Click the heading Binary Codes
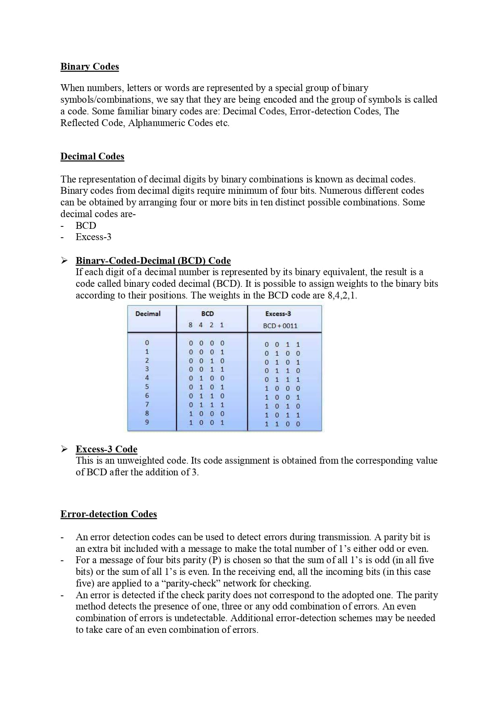pos(89,66)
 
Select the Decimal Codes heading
pos(92,156)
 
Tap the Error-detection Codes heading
pos(108,514)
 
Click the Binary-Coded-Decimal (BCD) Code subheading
pos(153,261)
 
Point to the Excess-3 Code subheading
pos(106,449)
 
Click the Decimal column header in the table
pos(148,314)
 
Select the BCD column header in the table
pos(207,314)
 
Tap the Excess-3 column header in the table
pos(278,314)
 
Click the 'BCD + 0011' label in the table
pos(280,326)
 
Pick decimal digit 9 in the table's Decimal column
pos(147,422)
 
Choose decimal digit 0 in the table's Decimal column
pos(147,343)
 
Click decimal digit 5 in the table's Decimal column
pos(147,387)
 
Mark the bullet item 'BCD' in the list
pos(86,226)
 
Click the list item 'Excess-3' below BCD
pos(93,237)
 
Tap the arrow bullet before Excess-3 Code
pos(64,449)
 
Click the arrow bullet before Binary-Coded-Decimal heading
pos(64,260)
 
